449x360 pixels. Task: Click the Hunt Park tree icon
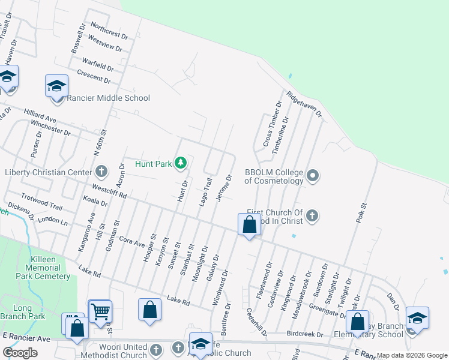(180, 163)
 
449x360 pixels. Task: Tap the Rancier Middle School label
(108, 98)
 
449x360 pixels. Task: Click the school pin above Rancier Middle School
(56, 85)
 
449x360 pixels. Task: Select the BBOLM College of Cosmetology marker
(312, 176)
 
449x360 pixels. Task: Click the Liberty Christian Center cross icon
(101, 172)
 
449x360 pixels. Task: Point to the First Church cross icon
(312, 215)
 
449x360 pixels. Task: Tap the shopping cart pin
(100, 311)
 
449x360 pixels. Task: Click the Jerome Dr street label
(223, 188)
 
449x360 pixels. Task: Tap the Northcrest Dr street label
(109, 29)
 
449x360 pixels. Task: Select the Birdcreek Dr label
(304, 335)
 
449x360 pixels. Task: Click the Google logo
(20, 353)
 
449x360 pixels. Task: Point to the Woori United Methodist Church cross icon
(156, 349)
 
